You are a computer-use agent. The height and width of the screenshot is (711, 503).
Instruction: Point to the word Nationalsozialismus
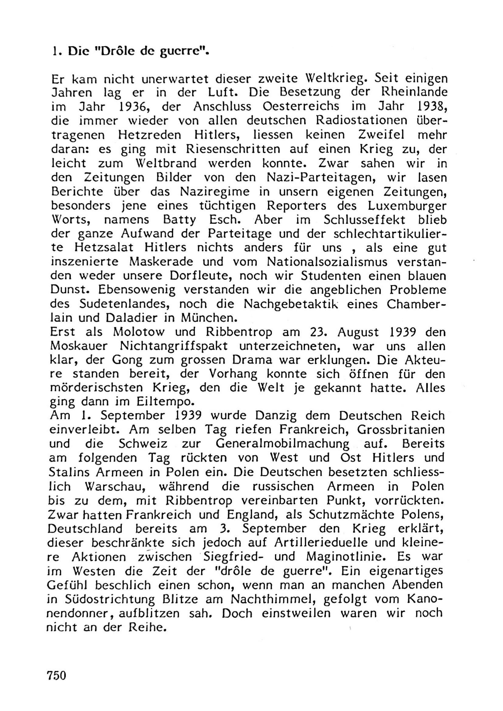pos(327,262)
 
